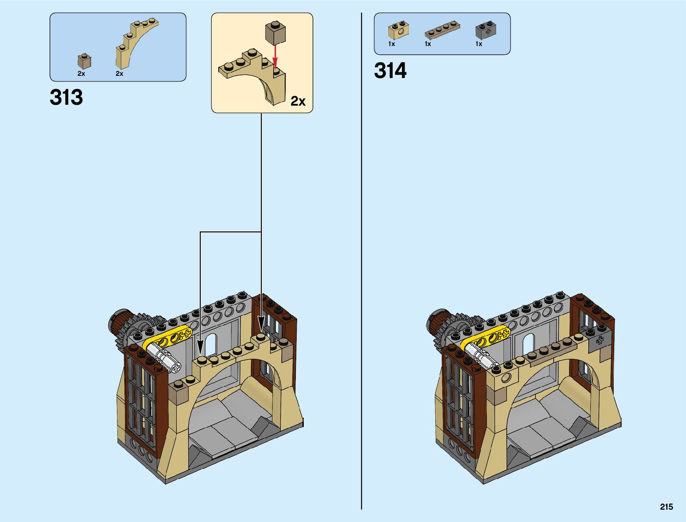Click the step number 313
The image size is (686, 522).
pyautogui.click(x=66, y=97)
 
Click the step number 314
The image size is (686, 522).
pyautogui.click(x=390, y=71)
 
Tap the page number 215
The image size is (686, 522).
pyautogui.click(x=666, y=507)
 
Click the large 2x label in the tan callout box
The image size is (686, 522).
pyautogui.click(x=298, y=101)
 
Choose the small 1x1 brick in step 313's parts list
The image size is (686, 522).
pyautogui.click(x=84, y=61)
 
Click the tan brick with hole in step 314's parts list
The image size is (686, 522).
pyautogui.click(x=398, y=30)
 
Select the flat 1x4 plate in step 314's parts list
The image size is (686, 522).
pyautogui.click(x=442, y=30)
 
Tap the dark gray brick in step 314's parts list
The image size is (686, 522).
pyautogui.click(x=486, y=30)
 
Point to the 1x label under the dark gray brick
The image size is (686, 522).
pyautogui.click(x=479, y=44)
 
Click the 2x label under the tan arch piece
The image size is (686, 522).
pyautogui.click(x=119, y=74)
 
